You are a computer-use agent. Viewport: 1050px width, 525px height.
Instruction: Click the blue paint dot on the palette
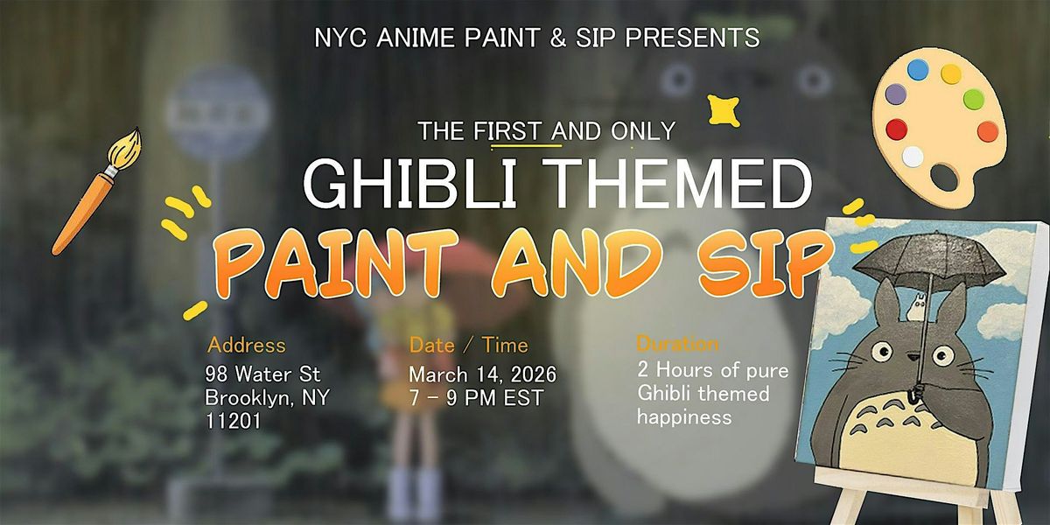click(x=918, y=69)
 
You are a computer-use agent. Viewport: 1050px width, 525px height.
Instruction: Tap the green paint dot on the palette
click(x=974, y=98)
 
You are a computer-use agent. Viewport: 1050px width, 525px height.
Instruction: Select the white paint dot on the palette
click(x=912, y=157)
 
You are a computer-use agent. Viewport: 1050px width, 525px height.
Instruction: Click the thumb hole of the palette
click(x=944, y=177)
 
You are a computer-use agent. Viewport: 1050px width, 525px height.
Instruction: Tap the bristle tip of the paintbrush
click(x=137, y=129)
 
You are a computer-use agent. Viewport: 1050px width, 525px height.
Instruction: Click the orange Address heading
click(x=246, y=345)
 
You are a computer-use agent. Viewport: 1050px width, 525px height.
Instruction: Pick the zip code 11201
click(x=233, y=421)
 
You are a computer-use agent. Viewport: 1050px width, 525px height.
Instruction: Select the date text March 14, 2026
click(x=482, y=374)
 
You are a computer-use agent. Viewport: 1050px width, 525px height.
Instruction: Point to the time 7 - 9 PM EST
click(x=476, y=398)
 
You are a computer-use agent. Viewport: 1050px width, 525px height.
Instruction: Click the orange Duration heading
click(x=677, y=345)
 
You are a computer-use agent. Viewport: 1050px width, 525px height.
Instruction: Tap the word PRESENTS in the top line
click(x=692, y=38)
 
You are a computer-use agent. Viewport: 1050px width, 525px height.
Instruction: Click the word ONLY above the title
click(x=642, y=130)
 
